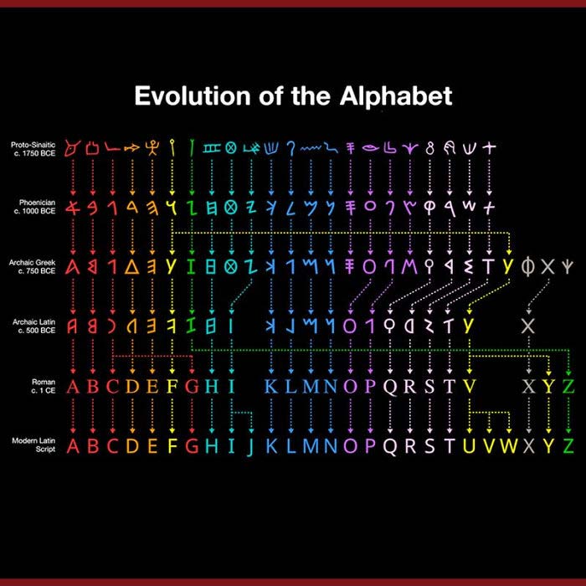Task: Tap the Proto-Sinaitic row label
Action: tap(33, 149)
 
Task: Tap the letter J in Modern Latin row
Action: tap(250, 446)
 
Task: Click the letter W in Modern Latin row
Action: tap(509, 445)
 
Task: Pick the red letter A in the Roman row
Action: tap(73, 387)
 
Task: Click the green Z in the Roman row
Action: tap(568, 387)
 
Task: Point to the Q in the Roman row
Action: tap(391, 388)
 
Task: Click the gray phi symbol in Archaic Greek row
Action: tap(527, 267)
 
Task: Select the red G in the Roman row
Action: tap(192, 387)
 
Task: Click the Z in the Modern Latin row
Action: tap(568, 445)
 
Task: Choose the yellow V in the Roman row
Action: tap(470, 387)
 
